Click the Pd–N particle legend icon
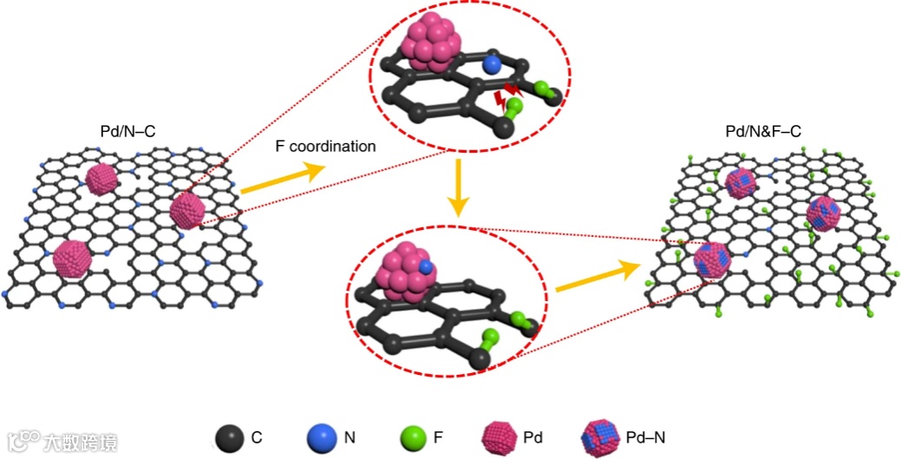600,436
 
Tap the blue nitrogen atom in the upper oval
492,64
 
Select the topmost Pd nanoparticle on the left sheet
101,179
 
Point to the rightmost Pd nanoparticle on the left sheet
186,210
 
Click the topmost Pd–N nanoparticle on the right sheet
741,182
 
